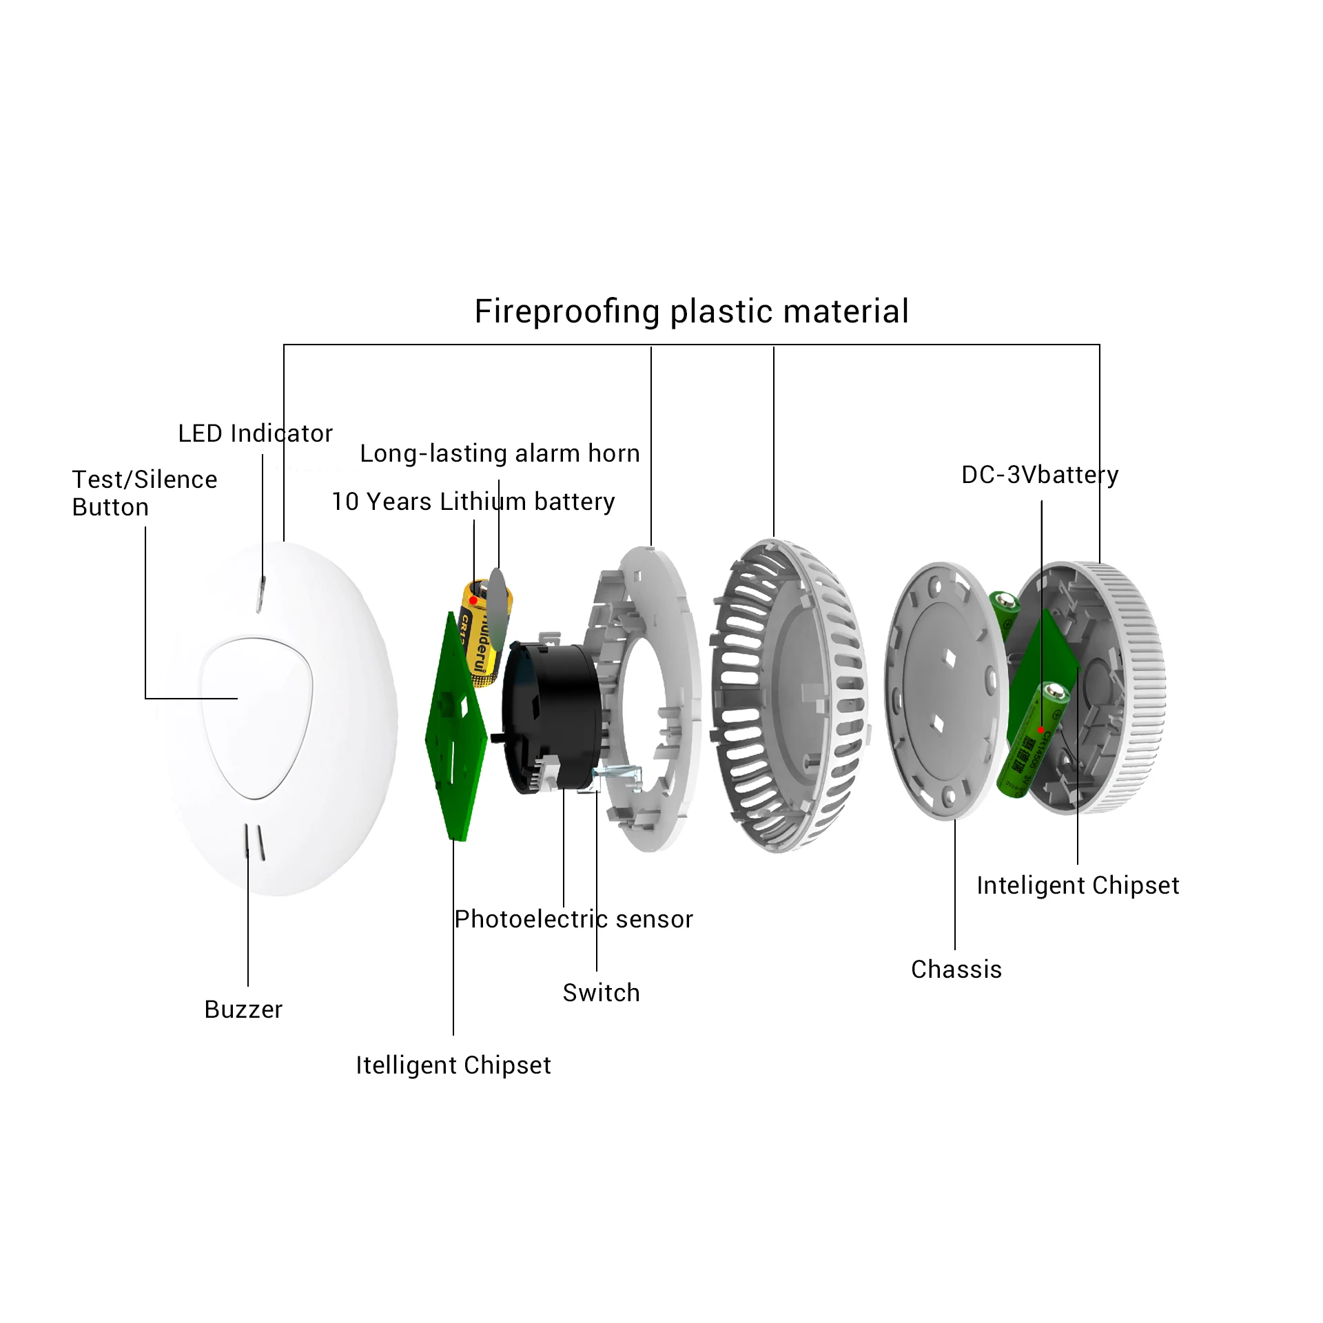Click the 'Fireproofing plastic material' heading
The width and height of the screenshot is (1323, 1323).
click(x=691, y=311)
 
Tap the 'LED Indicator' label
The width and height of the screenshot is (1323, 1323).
click(x=255, y=433)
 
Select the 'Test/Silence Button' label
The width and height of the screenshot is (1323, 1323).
click(x=144, y=493)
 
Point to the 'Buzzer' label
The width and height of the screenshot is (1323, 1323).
click(x=243, y=1009)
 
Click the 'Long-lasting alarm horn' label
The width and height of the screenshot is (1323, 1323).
click(x=500, y=453)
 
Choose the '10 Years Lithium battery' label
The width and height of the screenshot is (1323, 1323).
click(x=473, y=502)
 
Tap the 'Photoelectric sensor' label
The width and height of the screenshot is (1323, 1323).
click(x=573, y=919)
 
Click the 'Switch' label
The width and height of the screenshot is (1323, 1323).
click(x=601, y=993)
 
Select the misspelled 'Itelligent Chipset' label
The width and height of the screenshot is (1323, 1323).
click(x=453, y=1065)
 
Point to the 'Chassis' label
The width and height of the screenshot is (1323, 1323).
click(x=956, y=970)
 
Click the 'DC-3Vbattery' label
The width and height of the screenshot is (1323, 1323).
click(x=1039, y=475)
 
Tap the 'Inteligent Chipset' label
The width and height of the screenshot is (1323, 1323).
click(x=1078, y=885)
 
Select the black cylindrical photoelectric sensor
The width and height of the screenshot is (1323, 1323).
click(x=551, y=717)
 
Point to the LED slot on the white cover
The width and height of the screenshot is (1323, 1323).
click(x=261, y=594)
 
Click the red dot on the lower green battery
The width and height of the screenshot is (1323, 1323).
click(x=1040, y=730)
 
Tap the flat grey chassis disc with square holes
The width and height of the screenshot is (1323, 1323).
click(x=944, y=689)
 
